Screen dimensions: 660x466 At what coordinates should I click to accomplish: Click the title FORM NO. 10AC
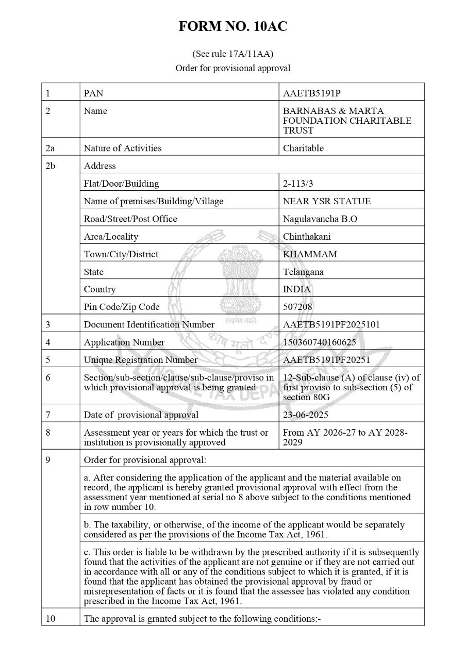point(233,27)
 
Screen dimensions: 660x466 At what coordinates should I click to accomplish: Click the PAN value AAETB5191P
point(312,93)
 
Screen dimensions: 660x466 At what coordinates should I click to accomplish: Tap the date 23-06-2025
point(306,415)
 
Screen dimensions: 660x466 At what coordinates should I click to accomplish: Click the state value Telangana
point(304,272)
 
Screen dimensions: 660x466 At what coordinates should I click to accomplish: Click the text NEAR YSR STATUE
point(327,201)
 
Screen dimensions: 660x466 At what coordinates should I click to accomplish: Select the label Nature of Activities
point(123,148)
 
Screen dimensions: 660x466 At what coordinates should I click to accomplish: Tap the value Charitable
point(304,148)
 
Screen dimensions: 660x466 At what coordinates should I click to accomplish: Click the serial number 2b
point(50,166)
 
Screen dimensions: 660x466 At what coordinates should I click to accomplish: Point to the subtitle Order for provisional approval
point(233,68)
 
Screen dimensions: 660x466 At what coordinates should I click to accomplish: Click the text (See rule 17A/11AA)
point(233,54)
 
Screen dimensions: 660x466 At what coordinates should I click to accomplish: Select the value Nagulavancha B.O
point(320,219)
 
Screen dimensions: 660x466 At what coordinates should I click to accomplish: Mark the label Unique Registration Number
point(141,360)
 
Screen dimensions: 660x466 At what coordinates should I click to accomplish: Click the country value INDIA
point(297,289)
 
